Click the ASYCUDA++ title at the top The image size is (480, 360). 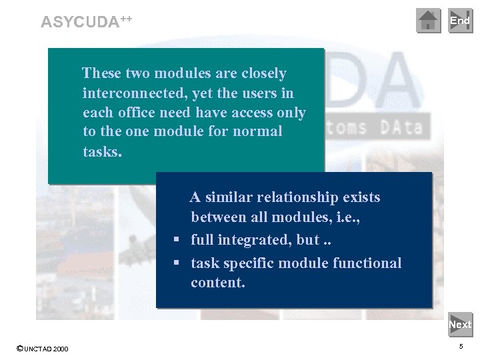[x=87, y=21]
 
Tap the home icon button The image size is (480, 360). [x=429, y=21]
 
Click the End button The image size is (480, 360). [x=460, y=21]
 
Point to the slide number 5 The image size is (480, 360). [x=461, y=347]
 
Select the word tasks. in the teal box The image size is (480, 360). [x=103, y=151]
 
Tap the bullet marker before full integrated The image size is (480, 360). [x=177, y=239]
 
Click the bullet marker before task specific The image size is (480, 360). [x=177, y=263]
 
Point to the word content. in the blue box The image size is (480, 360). [x=218, y=283]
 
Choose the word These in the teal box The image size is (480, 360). [x=101, y=73]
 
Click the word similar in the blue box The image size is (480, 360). [x=229, y=197]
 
